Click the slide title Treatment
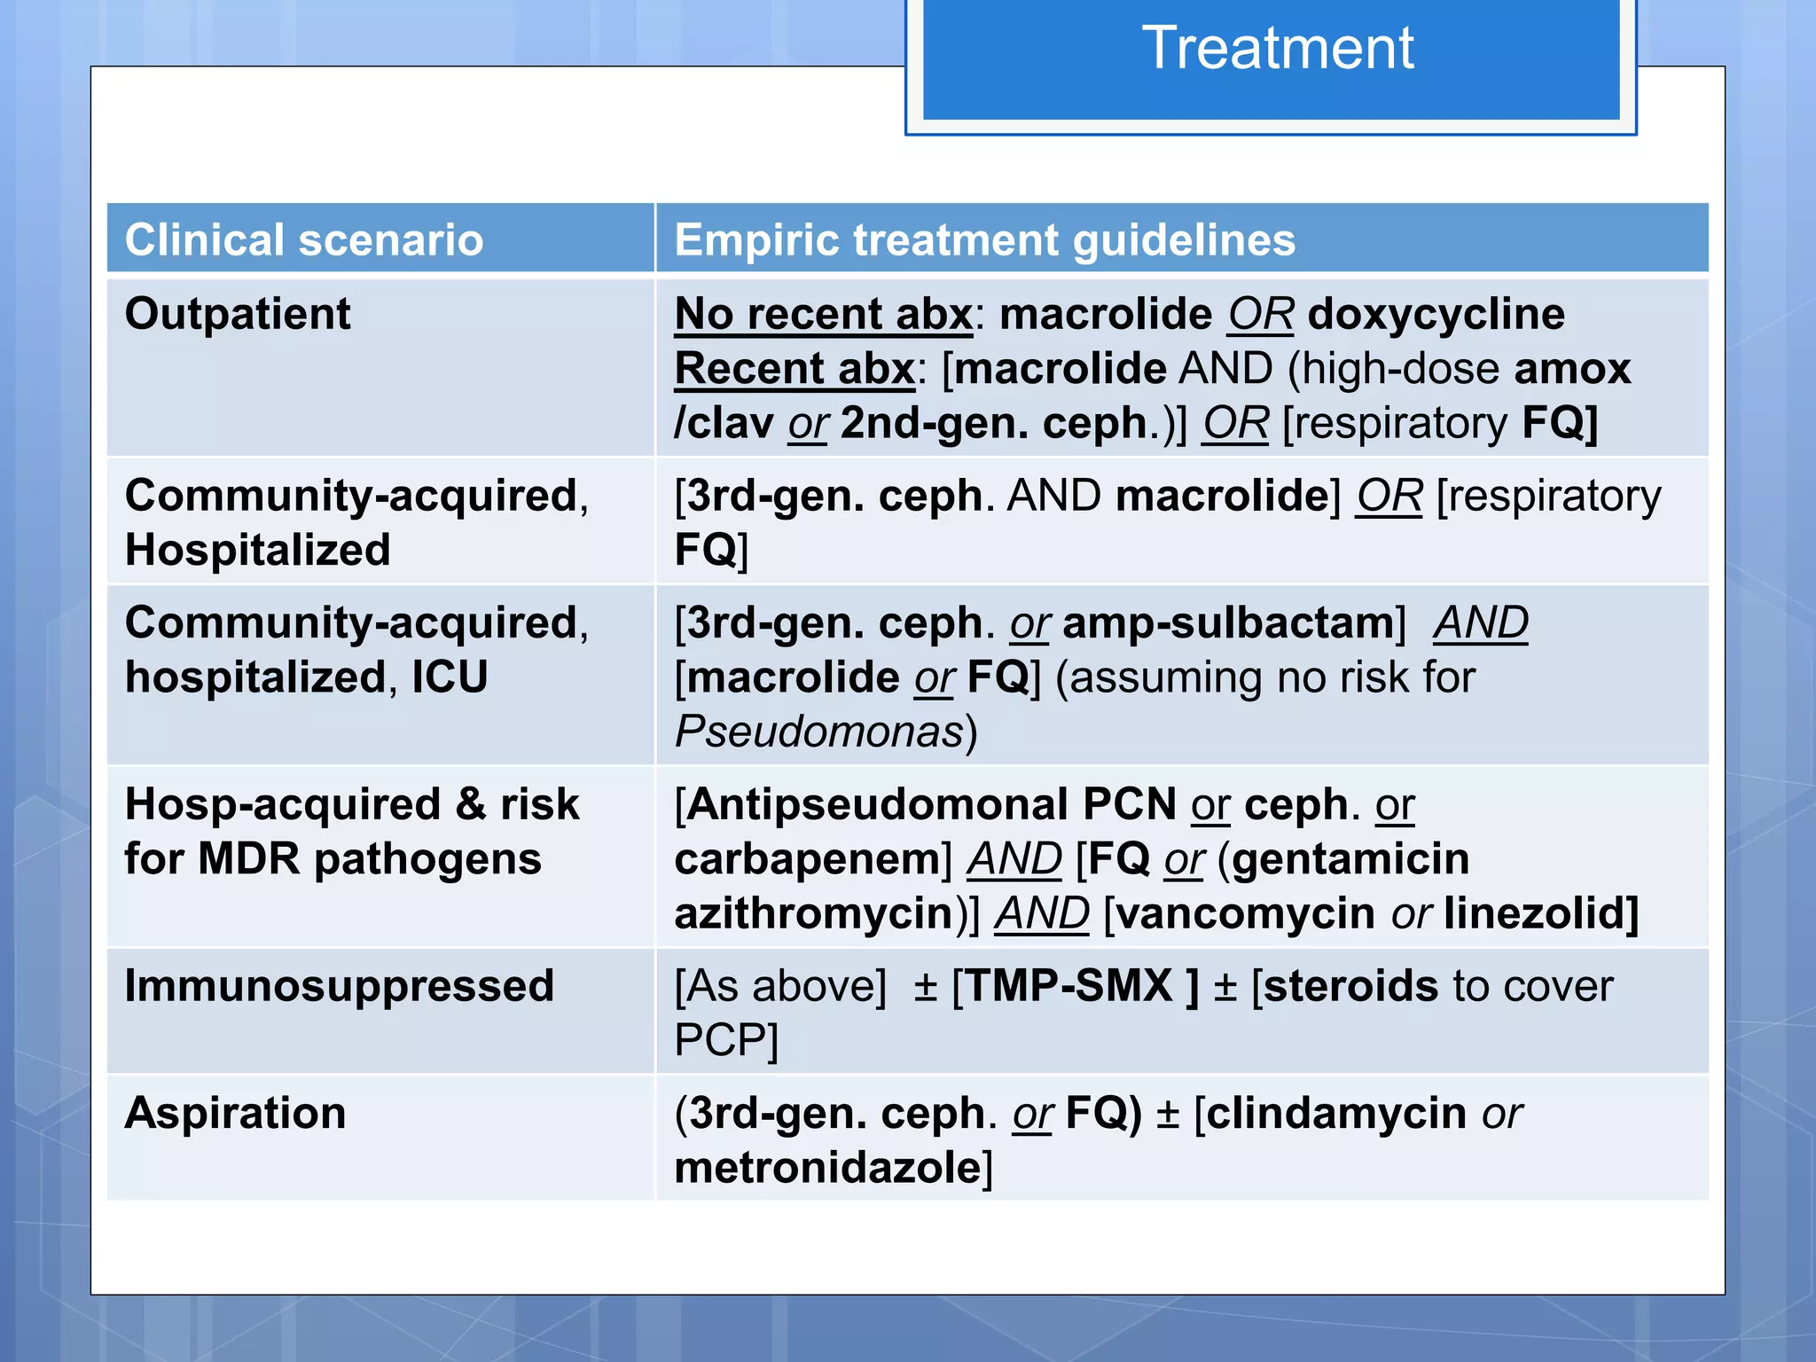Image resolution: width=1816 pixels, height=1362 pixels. (x=1277, y=48)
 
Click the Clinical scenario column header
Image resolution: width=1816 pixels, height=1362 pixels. (x=304, y=240)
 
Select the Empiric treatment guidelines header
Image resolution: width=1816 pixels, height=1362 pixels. (x=984, y=240)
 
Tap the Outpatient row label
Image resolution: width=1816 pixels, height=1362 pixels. (x=238, y=314)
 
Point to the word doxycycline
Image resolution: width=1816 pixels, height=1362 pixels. (x=1436, y=314)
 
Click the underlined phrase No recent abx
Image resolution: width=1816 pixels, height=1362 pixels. (x=823, y=314)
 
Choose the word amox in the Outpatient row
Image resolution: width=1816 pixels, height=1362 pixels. (x=1572, y=369)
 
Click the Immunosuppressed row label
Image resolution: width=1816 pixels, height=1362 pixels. (x=339, y=986)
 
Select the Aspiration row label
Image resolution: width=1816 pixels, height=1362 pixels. (x=235, y=1113)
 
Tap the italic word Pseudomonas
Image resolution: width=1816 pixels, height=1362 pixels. (x=818, y=732)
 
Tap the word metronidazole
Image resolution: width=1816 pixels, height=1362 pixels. (x=827, y=1168)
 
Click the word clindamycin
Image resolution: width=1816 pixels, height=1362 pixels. (x=1336, y=1113)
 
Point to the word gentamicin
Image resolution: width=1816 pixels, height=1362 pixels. (x=1350, y=859)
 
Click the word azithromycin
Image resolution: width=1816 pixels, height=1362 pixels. (x=813, y=914)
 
